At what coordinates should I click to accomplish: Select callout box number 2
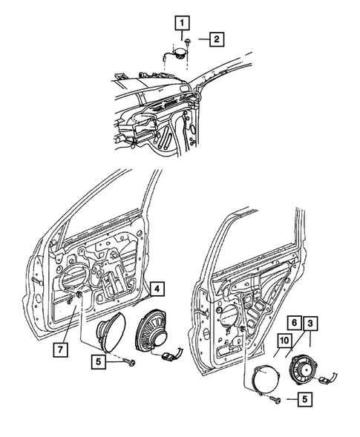215,39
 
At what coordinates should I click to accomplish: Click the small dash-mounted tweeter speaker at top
178,53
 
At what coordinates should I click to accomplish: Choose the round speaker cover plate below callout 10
264,378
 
